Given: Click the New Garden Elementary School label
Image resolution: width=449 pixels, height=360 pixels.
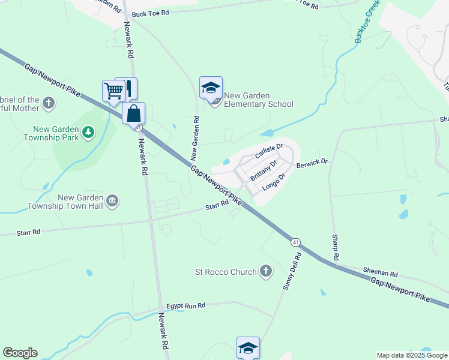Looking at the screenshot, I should tap(259, 100).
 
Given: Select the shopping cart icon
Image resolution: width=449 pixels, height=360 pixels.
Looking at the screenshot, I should tap(113, 91).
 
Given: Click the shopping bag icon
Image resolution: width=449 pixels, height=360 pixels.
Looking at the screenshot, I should tap(133, 113).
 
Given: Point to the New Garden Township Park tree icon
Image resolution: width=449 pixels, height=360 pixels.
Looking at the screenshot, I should tap(88, 131).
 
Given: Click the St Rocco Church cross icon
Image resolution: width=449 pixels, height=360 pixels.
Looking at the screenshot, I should tap(265, 272).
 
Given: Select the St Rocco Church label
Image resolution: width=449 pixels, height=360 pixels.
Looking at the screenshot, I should tap(226, 272).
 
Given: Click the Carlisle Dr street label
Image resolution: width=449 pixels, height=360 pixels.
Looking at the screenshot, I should tap(268, 151).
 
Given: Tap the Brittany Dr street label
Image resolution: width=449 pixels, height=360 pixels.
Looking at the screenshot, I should tap(263, 170).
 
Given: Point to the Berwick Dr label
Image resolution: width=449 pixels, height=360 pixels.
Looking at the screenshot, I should tap(313, 162).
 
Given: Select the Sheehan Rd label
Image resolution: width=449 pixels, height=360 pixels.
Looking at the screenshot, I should tap(385, 274).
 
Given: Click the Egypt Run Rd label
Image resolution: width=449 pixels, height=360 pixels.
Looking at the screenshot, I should tap(186, 305).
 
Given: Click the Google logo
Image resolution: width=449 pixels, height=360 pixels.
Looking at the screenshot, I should tap(20, 353).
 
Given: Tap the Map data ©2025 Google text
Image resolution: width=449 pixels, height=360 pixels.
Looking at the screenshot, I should tap(412, 355).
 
